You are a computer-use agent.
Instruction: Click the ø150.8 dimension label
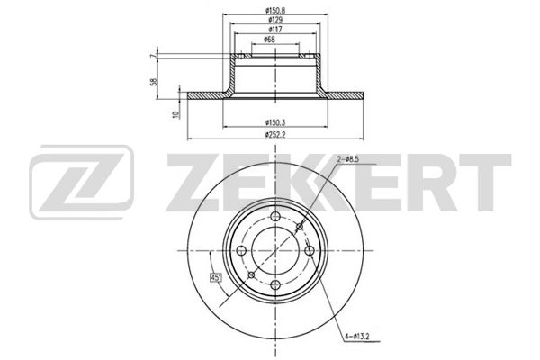click(275, 10)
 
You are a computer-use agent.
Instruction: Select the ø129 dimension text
click(275, 20)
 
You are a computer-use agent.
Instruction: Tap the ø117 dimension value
click(275, 30)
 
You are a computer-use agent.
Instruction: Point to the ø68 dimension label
click(269, 40)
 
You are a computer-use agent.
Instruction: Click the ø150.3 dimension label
click(275, 122)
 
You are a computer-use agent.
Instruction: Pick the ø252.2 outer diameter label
click(275, 135)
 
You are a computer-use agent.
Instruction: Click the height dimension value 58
click(154, 82)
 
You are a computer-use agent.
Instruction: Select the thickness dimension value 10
click(177, 114)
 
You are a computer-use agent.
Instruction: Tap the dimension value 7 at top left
click(154, 56)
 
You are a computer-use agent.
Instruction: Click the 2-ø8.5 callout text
click(347, 159)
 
